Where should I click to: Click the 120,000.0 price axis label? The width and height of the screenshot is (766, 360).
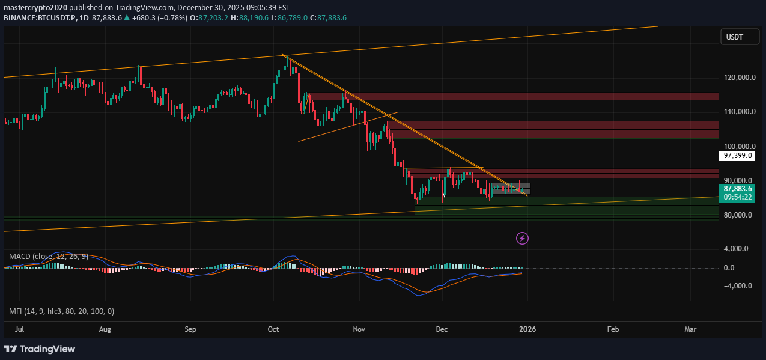point(738,78)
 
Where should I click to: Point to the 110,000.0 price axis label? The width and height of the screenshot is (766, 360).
point(738,112)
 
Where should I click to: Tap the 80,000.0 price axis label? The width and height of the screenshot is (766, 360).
point(738,215)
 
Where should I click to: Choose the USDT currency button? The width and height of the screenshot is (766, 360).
point(734,37)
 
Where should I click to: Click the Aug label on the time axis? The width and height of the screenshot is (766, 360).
point(105,329)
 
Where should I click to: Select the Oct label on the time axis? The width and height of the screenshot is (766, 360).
point(273,329)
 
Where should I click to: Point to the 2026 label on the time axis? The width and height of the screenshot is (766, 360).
point(527,329)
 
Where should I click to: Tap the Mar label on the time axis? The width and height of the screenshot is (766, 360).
point(690,329)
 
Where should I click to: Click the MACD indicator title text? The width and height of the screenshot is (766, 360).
point(49,256)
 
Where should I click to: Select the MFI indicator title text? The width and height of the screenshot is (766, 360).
point(61,311)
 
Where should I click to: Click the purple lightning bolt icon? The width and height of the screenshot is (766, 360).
point(522,239)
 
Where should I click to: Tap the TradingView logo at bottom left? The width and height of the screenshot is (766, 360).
point(40,349)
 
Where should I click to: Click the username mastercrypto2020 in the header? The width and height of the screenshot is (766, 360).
point(36,8)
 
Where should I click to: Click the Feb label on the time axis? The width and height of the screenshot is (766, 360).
point(613,329)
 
